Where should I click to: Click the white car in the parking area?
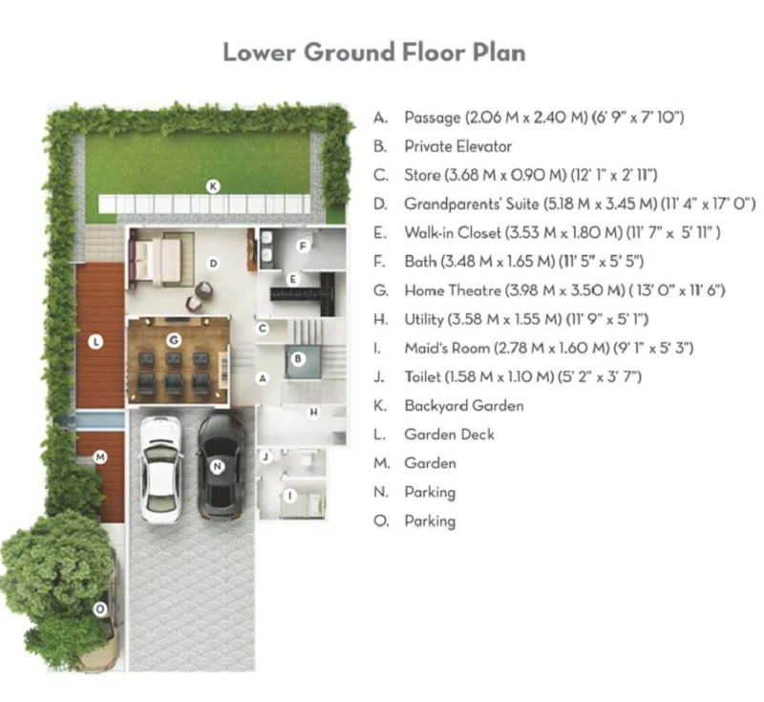click(x=160, y=470)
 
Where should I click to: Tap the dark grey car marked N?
click(x=220, y=466)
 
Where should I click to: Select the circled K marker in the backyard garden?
click(x=213, y=186)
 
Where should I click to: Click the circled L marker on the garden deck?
click(x=96, y=342)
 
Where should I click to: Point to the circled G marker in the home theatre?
click(x=174, y=340)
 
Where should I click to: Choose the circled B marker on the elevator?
click(x=298, y=359)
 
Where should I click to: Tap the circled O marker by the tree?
click(x=100, y=609)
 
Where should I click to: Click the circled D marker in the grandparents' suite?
click(x=213, y=264)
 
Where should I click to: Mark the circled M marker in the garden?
click(x=100, y=457)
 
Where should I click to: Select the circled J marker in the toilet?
click(x=265, y=457)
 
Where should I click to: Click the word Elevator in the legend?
click(x=482, y=147)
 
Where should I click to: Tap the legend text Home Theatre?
click(x=453, y=291)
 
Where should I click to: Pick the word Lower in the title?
click(x=259, y=53)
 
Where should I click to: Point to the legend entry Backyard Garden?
click(x=464, y=406)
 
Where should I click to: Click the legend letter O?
click(x=381, y=521)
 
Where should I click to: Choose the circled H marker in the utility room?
click(x=314, y=413)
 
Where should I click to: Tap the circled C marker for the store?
click(x=263, y=329)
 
